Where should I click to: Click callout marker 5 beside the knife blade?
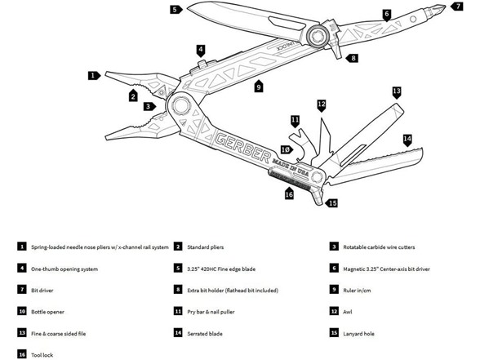[176, 10]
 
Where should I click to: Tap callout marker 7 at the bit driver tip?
[457, 6]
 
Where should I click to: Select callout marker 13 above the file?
[397, 92]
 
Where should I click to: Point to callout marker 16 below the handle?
[289, 193]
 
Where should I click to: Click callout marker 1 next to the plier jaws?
[94, 75]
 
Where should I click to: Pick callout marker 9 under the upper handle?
[259, 86]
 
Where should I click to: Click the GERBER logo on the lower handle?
[243, 147]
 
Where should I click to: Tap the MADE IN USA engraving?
[291, 167]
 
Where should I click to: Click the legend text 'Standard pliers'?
[206, 247]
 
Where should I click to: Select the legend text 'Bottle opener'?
[47, 312]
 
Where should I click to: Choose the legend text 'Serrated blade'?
[205, 334]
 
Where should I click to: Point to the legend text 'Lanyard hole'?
[358, 334]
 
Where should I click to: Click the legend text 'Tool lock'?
[42, 355]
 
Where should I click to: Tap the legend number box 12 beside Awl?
[334, 311]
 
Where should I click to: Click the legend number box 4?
[22, 268]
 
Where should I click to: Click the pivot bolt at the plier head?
[181, 106]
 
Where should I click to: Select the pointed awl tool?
[324, 138]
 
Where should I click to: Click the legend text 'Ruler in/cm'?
[357, 291]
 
